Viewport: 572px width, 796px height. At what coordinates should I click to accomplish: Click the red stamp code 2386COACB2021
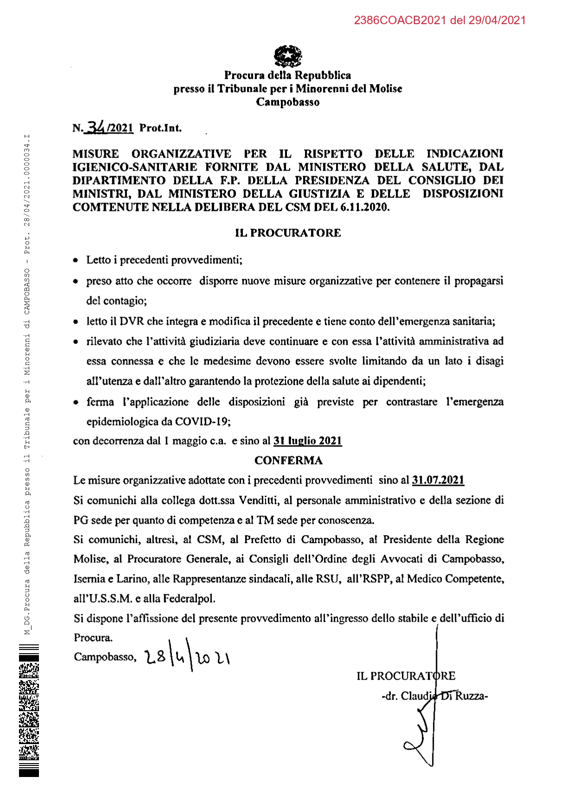(400, 20)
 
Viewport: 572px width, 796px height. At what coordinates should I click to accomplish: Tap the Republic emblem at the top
(287, 56)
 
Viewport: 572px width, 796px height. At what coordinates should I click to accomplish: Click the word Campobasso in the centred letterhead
(287, 102)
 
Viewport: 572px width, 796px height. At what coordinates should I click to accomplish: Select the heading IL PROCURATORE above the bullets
(287, 233)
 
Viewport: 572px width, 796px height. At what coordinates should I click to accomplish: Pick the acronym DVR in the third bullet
(132, 321)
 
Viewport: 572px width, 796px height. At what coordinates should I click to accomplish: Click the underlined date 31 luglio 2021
(307, 440)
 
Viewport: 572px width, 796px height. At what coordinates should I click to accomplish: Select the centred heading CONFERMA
(288, 460)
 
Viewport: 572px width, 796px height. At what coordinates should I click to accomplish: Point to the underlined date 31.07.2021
(438, 480)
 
